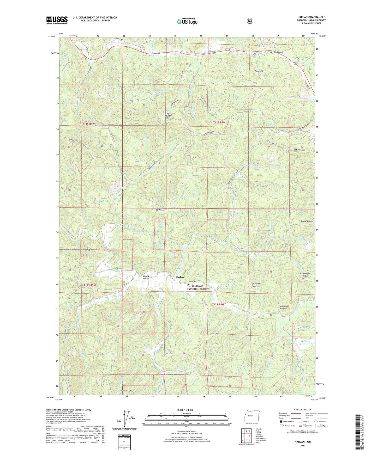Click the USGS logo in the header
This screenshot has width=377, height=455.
57,20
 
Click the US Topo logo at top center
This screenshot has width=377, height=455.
187,21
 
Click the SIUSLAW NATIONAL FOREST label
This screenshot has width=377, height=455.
198,287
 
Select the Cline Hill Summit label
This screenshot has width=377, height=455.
276,52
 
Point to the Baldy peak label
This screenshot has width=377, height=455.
158,210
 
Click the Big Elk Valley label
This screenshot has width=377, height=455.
146,277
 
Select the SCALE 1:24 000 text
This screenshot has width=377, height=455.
185,410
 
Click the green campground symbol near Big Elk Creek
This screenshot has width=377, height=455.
117,268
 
